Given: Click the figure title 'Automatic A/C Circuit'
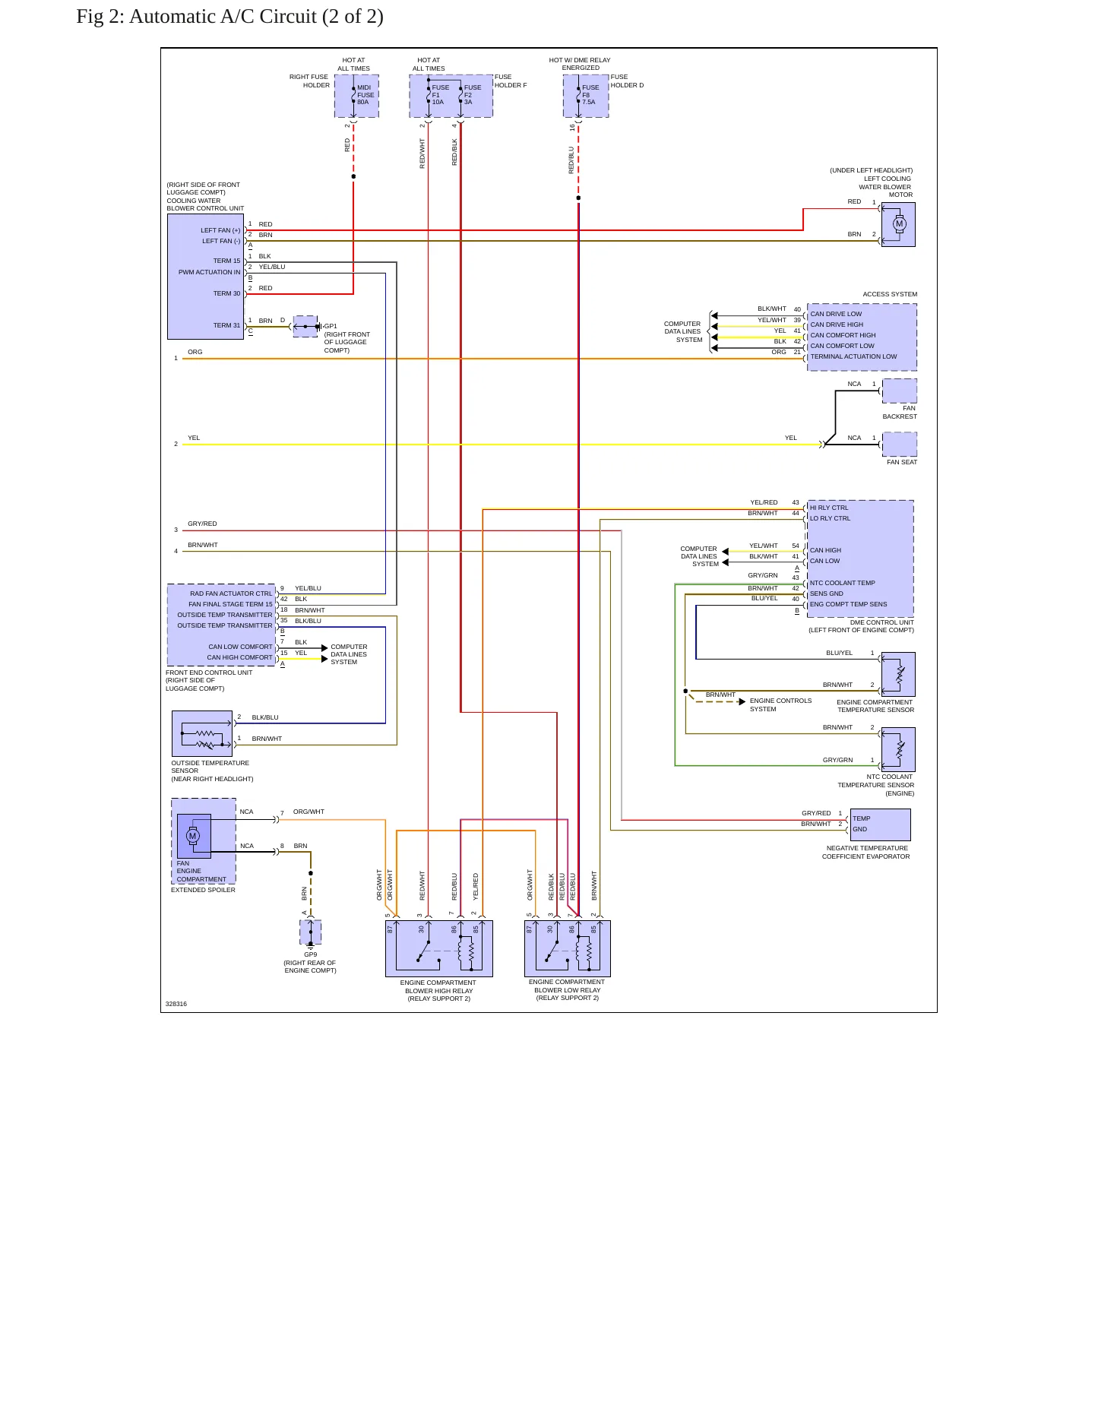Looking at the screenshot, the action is point(223,17).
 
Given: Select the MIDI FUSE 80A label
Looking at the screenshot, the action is point(365,95).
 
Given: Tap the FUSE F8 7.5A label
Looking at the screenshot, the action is point(590,95).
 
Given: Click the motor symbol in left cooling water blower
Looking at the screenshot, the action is point(900,224).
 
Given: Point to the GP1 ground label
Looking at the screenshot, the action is point(331,327).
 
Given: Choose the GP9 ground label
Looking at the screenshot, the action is point(311,954).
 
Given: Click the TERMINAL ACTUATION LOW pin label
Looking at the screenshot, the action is point(853,356).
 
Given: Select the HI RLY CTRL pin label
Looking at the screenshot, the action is point(829,508).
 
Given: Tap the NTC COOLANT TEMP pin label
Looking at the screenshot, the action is point(843,583).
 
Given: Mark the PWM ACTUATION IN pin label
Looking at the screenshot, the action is point(210,272).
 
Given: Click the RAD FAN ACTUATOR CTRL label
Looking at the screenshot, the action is point(231,593).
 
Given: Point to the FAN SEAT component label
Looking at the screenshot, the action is point(902,462).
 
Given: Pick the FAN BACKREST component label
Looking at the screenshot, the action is point(900,413).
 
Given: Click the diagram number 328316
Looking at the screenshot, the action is point(176,1004).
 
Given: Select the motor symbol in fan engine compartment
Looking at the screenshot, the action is point(192,836).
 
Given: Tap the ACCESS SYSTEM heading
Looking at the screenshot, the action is point(890,294).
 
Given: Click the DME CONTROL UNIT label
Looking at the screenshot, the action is point(882,622).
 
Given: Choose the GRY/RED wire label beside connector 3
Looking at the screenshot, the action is point(202,524).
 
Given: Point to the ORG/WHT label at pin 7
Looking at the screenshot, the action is point(309,812).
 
